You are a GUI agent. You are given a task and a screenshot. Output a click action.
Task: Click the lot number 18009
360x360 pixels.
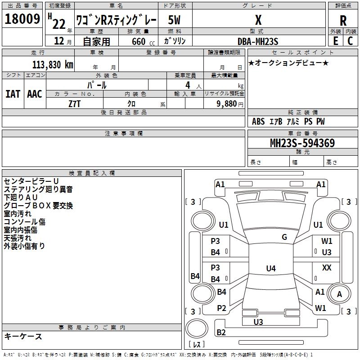22,20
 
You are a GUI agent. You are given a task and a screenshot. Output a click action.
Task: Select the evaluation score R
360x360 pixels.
343,21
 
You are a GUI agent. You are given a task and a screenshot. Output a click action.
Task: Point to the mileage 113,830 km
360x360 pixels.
53,64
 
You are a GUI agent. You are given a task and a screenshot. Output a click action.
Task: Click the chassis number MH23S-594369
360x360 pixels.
302,143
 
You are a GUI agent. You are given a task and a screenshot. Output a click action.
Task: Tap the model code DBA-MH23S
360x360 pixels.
258,41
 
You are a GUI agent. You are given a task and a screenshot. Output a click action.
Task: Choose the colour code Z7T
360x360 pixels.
75,103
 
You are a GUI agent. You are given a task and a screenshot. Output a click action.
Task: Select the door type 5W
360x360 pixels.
175,20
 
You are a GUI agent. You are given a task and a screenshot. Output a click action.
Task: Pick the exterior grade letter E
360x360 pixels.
335,41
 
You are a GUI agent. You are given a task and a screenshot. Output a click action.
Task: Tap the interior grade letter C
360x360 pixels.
350,41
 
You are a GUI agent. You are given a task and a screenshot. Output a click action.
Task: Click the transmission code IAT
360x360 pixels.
13,94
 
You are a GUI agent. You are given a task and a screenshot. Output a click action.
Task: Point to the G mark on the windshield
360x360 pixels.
284,237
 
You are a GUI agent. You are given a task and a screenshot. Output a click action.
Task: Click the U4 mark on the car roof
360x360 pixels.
270,269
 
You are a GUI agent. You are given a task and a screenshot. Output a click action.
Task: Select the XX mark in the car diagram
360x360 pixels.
327,268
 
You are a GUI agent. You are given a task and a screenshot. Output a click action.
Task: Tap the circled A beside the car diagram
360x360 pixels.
340,294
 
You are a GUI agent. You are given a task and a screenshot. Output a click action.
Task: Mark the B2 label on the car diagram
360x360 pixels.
221,333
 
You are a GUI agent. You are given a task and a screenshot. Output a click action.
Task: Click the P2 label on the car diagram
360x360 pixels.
221,308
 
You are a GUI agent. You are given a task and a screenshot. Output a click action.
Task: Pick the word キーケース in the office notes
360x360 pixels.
23,336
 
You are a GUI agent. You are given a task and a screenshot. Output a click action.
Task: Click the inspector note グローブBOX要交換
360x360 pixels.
38,206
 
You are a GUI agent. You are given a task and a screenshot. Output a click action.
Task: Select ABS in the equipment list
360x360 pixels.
258,121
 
